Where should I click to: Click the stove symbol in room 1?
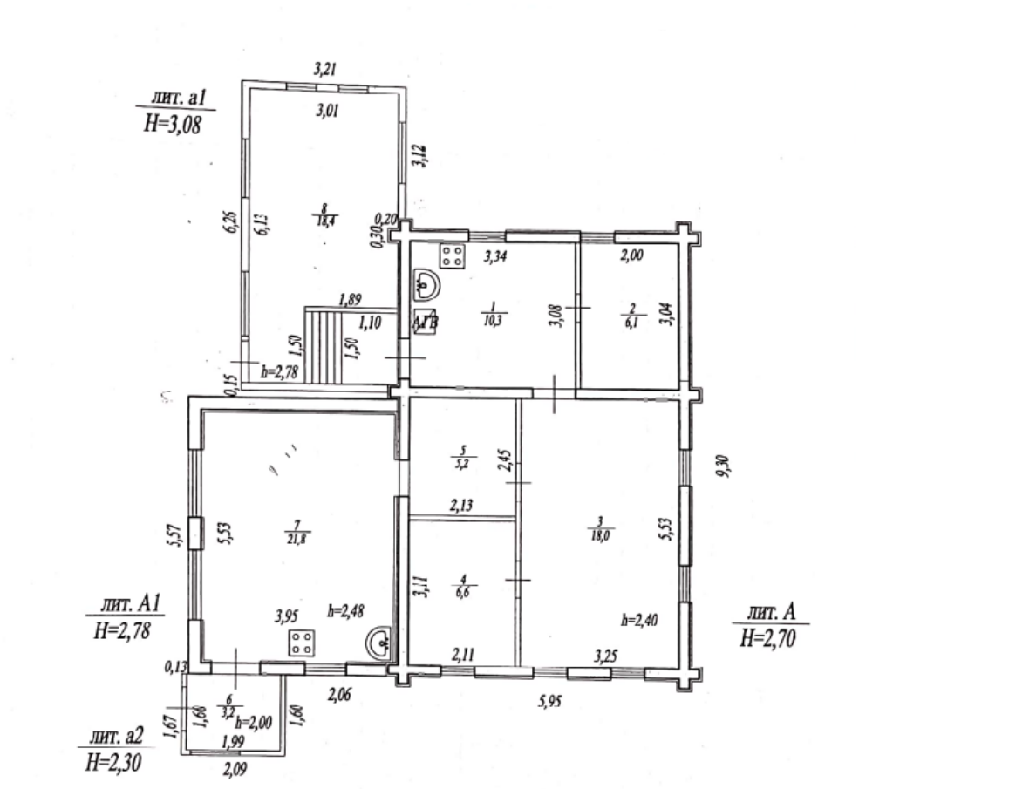453,255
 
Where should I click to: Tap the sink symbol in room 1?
425,284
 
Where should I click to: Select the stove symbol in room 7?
302,644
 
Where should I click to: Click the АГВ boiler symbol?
426,322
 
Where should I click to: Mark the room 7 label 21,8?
298,536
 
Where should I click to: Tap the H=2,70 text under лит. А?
769,638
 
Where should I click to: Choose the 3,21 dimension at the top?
326,67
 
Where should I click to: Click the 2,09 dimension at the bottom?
234,768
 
